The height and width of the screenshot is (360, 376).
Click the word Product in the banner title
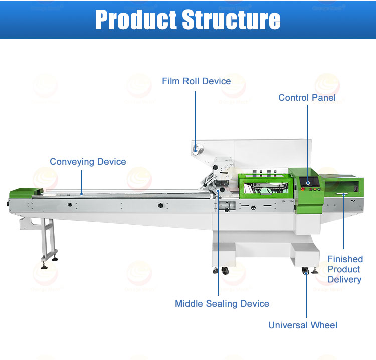click(136, 20)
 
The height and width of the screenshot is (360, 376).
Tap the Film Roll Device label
click(196, 81)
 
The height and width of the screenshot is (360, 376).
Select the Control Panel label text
click(307, 98)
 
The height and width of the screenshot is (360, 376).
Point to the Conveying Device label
click(88, 162)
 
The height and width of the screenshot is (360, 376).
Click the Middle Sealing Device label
click(222, 304)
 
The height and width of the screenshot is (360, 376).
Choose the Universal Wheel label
click(303, 325)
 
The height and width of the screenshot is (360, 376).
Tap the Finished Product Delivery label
click(345, 269)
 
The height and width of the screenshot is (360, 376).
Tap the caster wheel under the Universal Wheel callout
click(306, 272)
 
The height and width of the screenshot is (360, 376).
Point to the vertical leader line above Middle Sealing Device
click(218, 245)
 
